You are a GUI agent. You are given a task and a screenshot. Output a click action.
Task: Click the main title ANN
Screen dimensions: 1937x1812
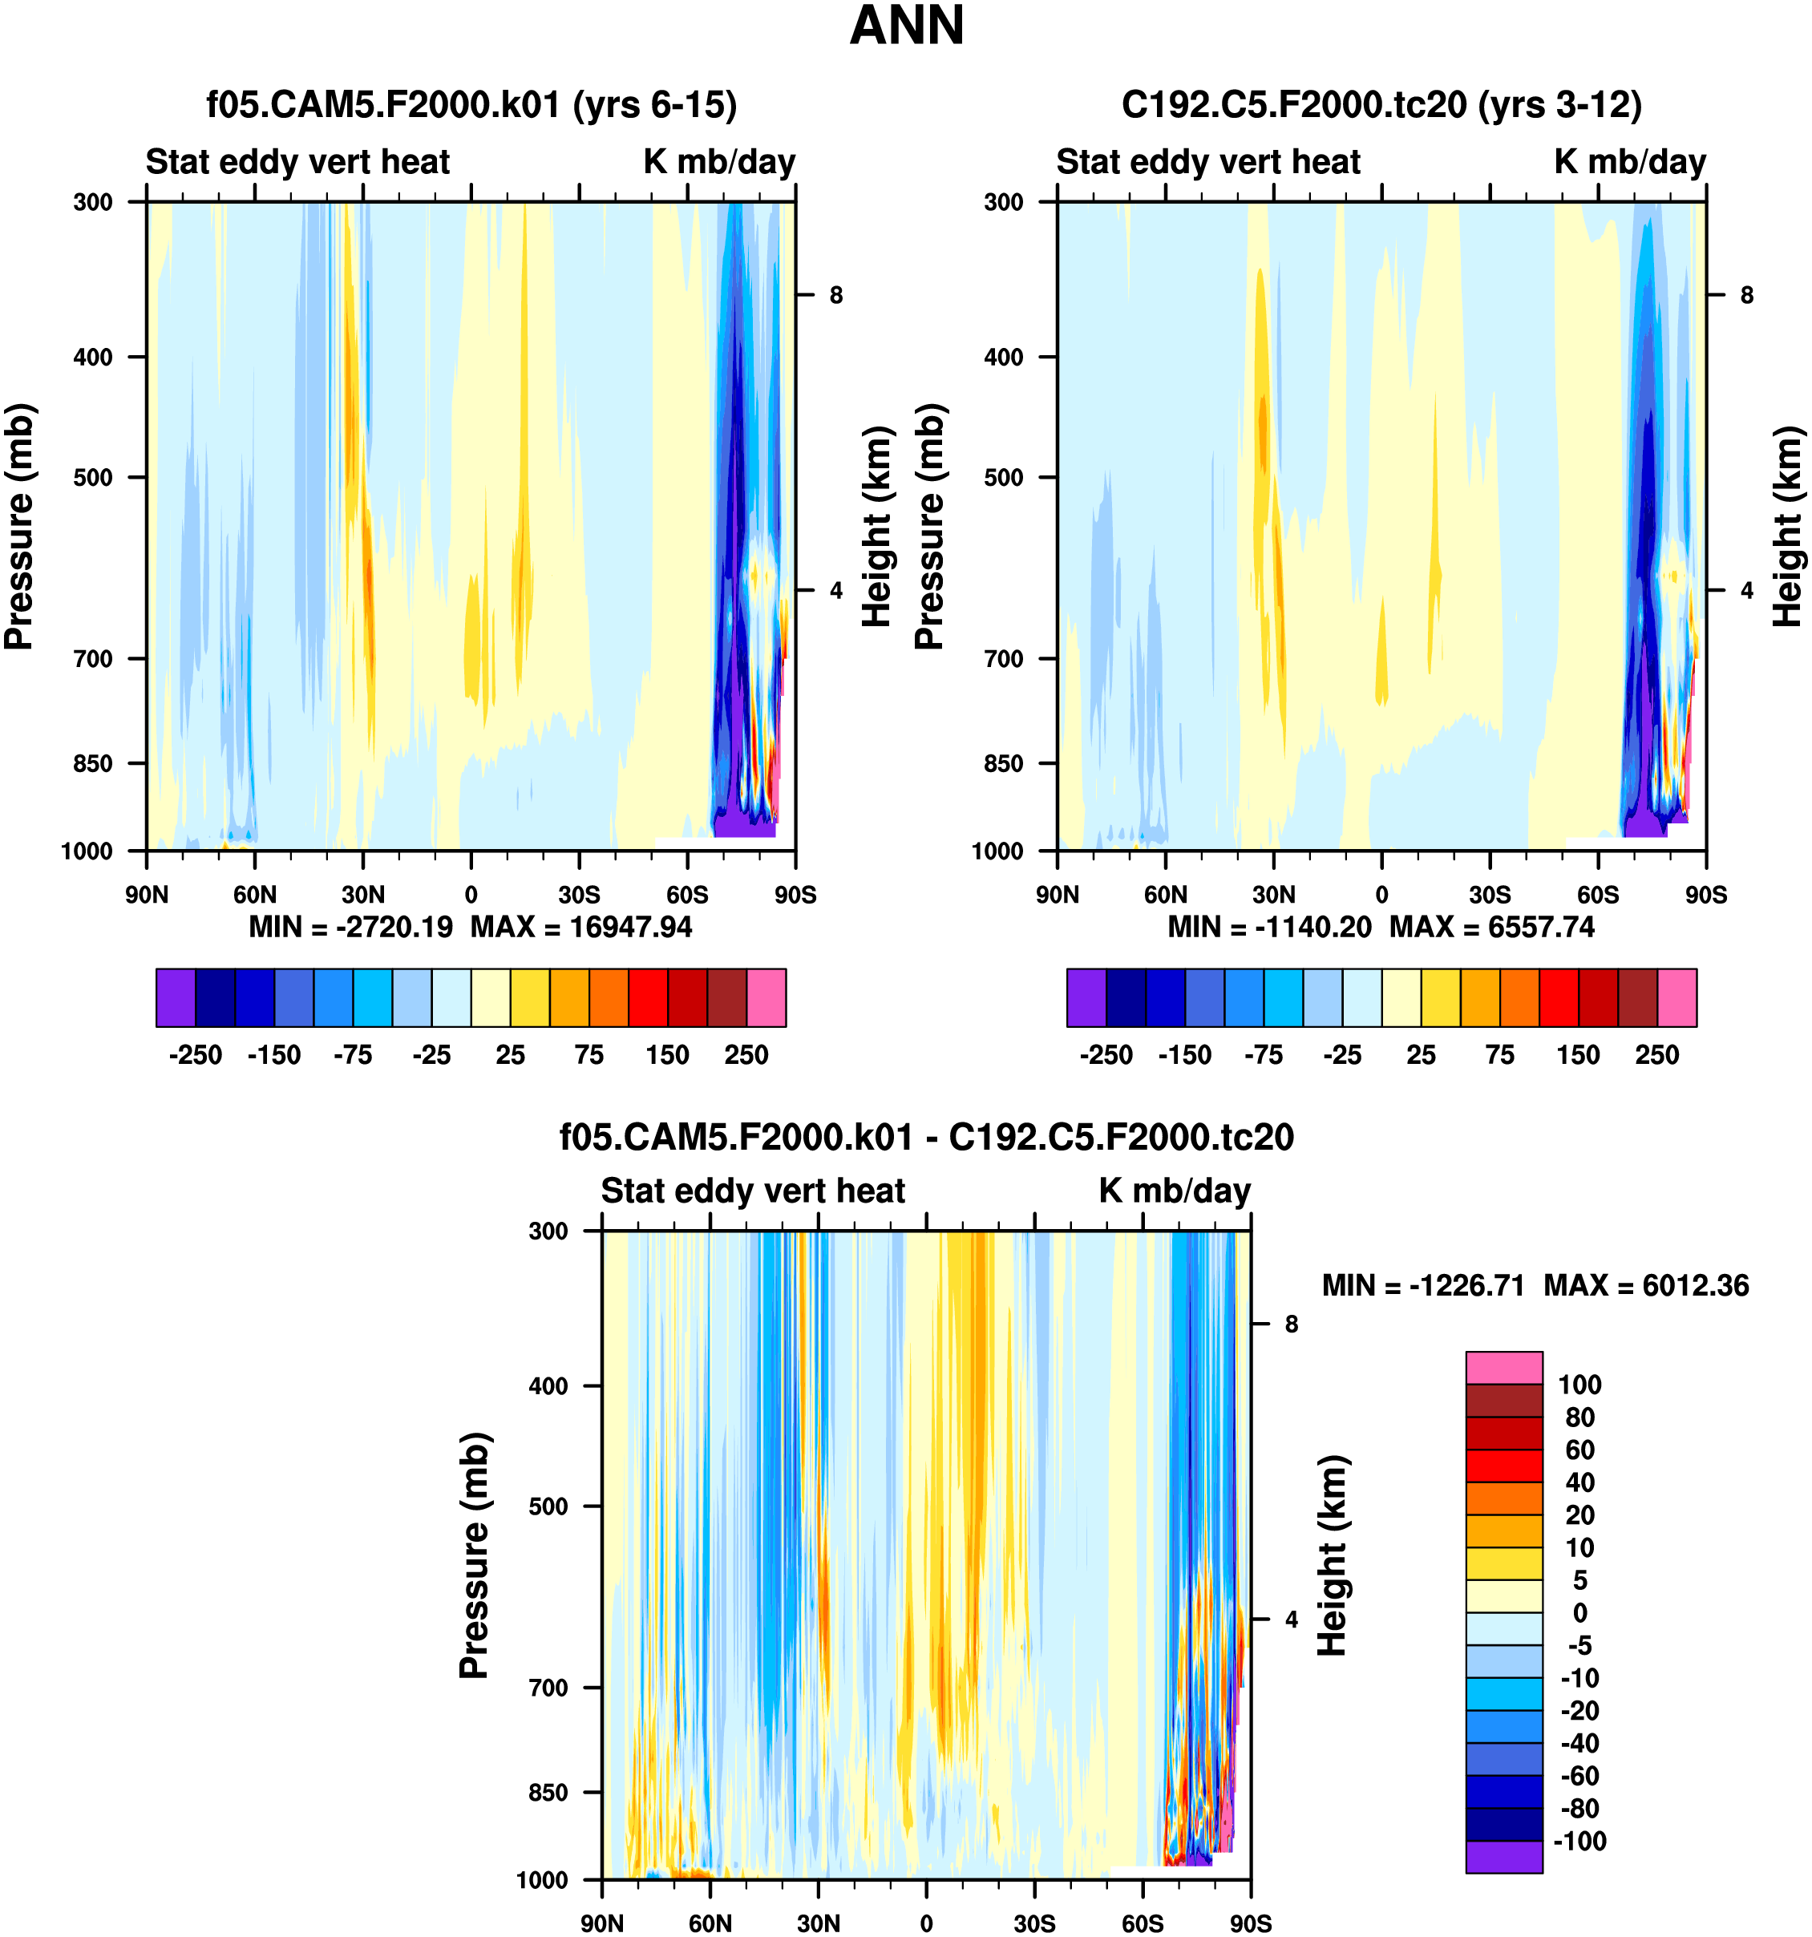click(x=906, y=26)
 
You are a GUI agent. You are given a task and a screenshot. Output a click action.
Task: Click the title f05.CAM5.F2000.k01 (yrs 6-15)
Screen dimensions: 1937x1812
click(x=471, y=104)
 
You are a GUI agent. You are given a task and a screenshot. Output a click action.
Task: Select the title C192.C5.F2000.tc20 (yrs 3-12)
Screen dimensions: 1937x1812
click(x=1381, y=104)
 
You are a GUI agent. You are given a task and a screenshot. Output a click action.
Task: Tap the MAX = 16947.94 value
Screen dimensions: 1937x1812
click(x=581, y=927)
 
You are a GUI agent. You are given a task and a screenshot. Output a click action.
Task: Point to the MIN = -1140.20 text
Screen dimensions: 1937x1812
click(x=1269, y=927)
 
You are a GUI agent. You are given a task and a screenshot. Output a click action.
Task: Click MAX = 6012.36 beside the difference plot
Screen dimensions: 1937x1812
click(x=1646, y=1285)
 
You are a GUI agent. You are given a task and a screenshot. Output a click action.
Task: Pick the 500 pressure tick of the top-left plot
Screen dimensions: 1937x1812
click(x=94, y=477)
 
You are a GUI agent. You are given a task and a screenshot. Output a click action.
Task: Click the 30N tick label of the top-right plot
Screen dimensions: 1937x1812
click(x=1273, y=895)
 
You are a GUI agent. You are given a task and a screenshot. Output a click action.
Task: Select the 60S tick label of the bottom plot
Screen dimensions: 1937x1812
click(x=1142, y=1923)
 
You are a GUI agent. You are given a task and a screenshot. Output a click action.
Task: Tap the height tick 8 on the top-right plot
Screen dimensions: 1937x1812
click(x=1747, y=294)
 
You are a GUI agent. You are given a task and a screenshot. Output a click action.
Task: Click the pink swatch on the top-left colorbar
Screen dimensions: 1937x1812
click(x=766, y=997)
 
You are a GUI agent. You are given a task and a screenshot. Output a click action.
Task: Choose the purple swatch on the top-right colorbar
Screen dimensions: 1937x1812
click(x=1086, y=997)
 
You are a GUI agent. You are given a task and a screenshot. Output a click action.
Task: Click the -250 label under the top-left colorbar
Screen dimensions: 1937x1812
click(x=195, y=1055)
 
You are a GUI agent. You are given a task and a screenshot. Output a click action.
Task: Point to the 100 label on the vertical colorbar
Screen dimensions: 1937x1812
click(x=1579, y=1385)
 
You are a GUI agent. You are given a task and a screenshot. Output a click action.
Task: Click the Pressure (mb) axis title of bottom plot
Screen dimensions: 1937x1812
click(x=474, y=1555)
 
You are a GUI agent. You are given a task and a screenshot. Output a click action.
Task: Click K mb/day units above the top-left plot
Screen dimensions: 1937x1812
click(x=719, y=162)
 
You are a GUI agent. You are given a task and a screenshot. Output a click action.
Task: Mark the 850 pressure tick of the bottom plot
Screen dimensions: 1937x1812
click(x=548, y=1792)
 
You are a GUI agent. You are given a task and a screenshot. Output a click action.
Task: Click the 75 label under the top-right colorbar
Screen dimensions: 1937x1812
click(x=1499, y=1055)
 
